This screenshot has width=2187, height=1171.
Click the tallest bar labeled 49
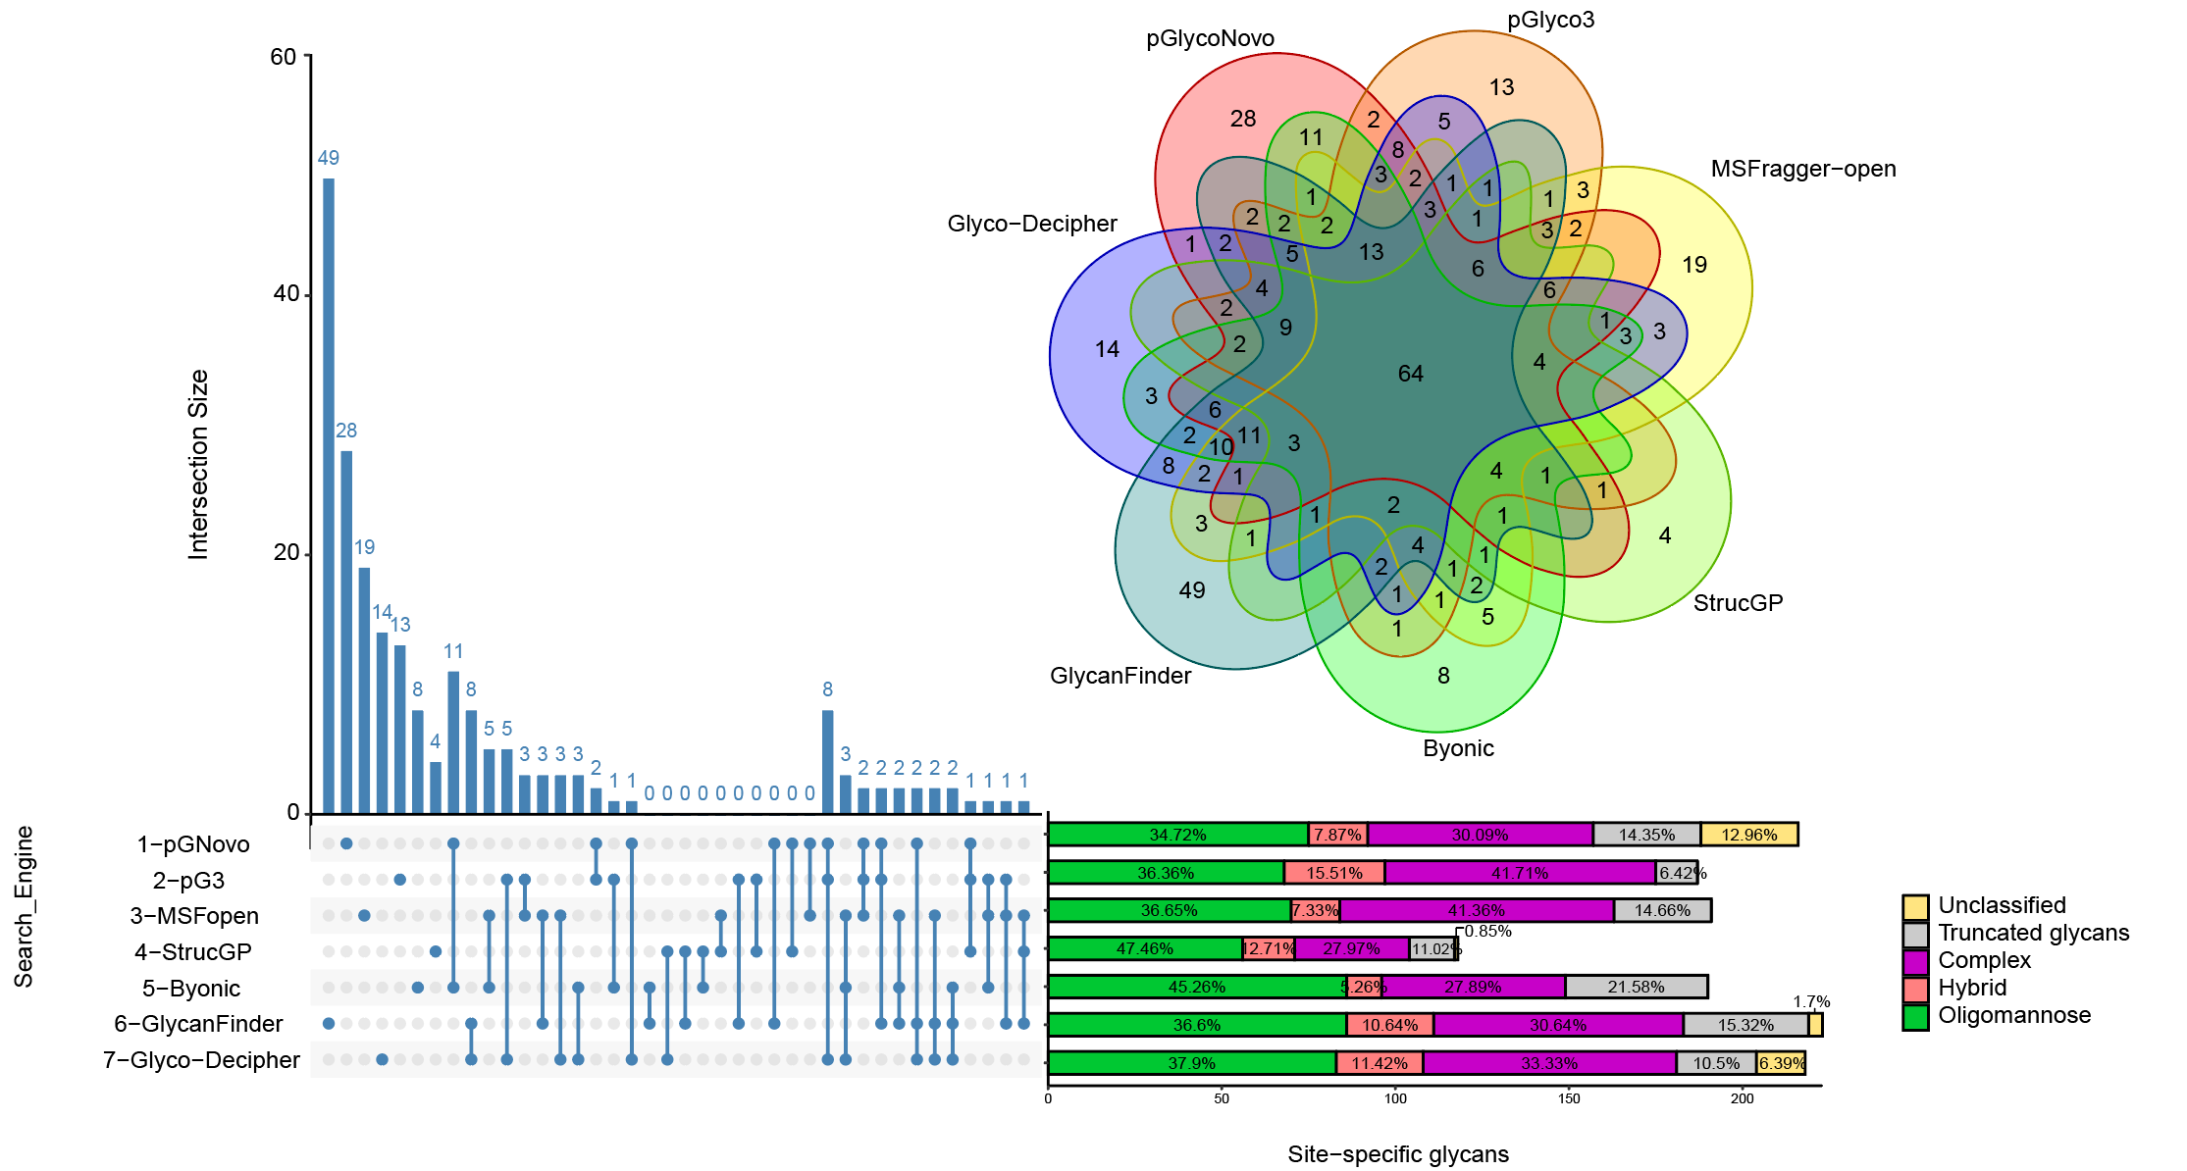click(329, 495)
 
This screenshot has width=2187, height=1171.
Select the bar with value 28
click(346, 632)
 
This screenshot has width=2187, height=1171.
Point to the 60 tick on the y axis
click(284, 57)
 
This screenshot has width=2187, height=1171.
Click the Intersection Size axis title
click(198, 464)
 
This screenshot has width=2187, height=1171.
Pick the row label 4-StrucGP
click(193, 952)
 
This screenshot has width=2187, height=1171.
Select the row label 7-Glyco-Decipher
click(201, 1060)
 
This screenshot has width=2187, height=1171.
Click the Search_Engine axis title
click(25, 906)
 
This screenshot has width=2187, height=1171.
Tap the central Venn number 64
click(1411, 374)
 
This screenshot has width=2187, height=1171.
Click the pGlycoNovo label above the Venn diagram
click(1210, 38)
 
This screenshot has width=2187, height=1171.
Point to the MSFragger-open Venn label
click(1803, 169)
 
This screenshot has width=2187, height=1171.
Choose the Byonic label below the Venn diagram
click(1458, 748)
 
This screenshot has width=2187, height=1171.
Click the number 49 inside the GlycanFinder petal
click(1192, 590)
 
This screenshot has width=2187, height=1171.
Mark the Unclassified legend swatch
click(1915, 906)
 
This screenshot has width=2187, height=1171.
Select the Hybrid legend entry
click(1972, 988)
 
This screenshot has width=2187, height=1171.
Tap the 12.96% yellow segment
click(1748, 835)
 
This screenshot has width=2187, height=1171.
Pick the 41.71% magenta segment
click(1520, 873)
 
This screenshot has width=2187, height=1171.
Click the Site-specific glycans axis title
click(1398, 1154)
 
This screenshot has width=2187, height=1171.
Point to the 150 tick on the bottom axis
click(1569, 1098)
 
